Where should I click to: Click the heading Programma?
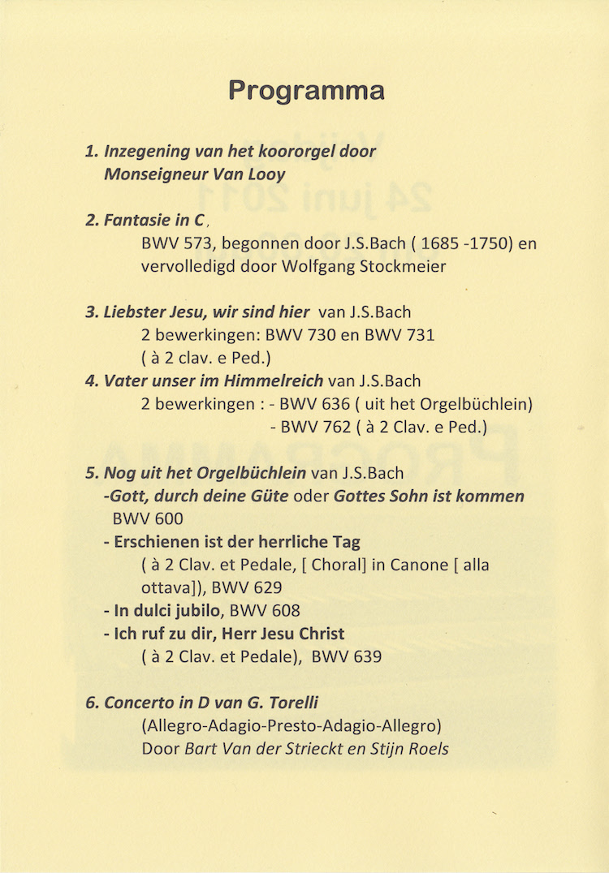(305, 89)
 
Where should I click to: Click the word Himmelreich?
(277, 381)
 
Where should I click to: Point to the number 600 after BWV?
(167, 519)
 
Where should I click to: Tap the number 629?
(263, 588)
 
